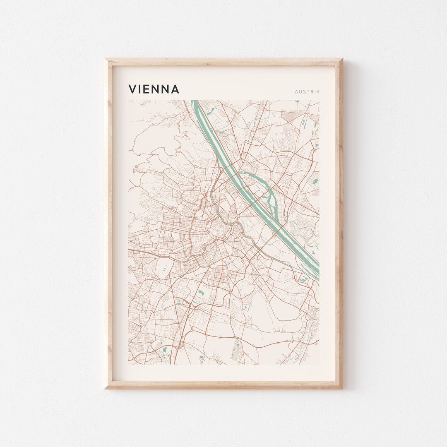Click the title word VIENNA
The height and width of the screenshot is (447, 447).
tap(154, 89)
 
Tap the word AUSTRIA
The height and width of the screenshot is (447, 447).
tap(307, 91)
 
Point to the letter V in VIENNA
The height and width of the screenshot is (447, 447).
tap(132, 89)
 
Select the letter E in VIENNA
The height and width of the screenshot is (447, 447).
tap(147, 89)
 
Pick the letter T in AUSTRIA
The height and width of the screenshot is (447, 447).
tap(308, 91)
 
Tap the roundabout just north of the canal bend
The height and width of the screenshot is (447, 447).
tap(238, 216)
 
